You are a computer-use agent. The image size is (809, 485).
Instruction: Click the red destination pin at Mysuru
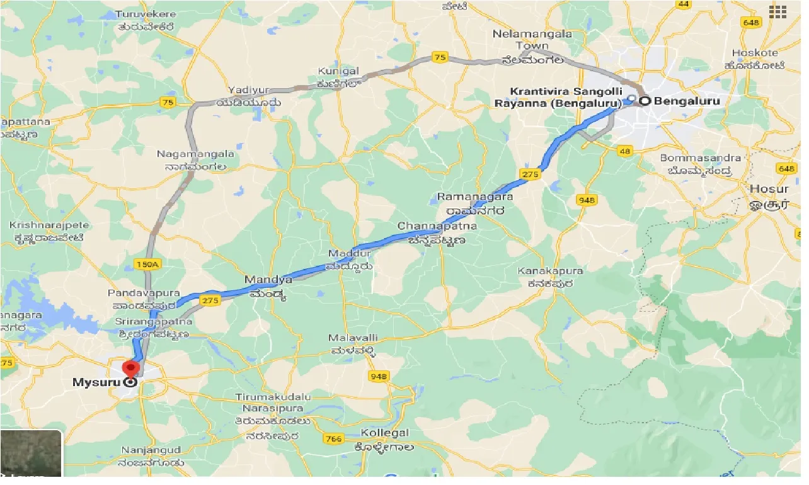pyautogui.click(x=131, y=368)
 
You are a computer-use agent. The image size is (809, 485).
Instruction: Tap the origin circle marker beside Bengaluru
pyautogui.click(x=645, y=101)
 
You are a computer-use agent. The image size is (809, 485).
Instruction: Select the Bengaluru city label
pyautogui.click(x=687, y=101)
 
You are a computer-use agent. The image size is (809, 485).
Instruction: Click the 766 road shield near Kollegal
pyautogui.click(x=334, y=438)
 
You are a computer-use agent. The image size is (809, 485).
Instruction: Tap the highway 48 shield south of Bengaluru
pyautogui.click(x=625, y=151)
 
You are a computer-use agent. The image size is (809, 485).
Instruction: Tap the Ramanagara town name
pyautogui.click(x=475, y=197)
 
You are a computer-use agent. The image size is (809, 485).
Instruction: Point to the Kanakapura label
pyautogui.click(x=550, y=271)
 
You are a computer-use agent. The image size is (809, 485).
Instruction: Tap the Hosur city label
pyautogui.click(x=769, y=189)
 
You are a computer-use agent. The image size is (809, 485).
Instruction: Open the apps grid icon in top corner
pyautogui.click(x=777, y=11)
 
